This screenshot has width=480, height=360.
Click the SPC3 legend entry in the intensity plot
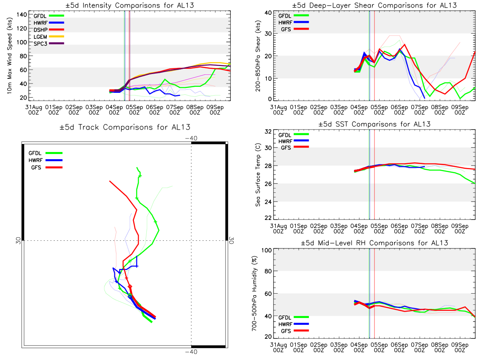[x=49, y=44]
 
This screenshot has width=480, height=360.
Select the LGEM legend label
[x=40, y=37]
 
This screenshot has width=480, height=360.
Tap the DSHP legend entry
[x=49, y=30]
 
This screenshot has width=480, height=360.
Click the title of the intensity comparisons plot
[x=130, y=5]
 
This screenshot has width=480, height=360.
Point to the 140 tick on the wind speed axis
[x=22, y=15]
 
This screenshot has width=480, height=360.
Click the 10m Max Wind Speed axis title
[x=10, y=56]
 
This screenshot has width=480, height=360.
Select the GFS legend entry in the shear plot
[x=295, y=29]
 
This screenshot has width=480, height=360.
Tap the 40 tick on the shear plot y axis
[x=268, y=13]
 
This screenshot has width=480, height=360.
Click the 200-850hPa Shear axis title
[x=258, y=56]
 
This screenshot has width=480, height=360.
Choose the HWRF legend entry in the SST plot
[x=294, y=141]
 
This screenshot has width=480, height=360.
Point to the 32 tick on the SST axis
[x=268, y=132]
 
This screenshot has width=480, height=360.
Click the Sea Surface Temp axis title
[x=258, y=175]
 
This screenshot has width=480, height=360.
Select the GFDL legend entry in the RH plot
[x=294, y=317]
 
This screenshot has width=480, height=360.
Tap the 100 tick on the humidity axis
[x=266, y=250]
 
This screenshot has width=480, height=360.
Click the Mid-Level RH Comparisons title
[x=374, y=243]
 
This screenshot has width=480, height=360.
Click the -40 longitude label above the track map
[x=191, y=138]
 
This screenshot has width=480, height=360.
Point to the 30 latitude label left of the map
[x=18, y=241]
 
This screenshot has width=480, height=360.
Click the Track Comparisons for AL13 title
[x=125, y=127]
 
